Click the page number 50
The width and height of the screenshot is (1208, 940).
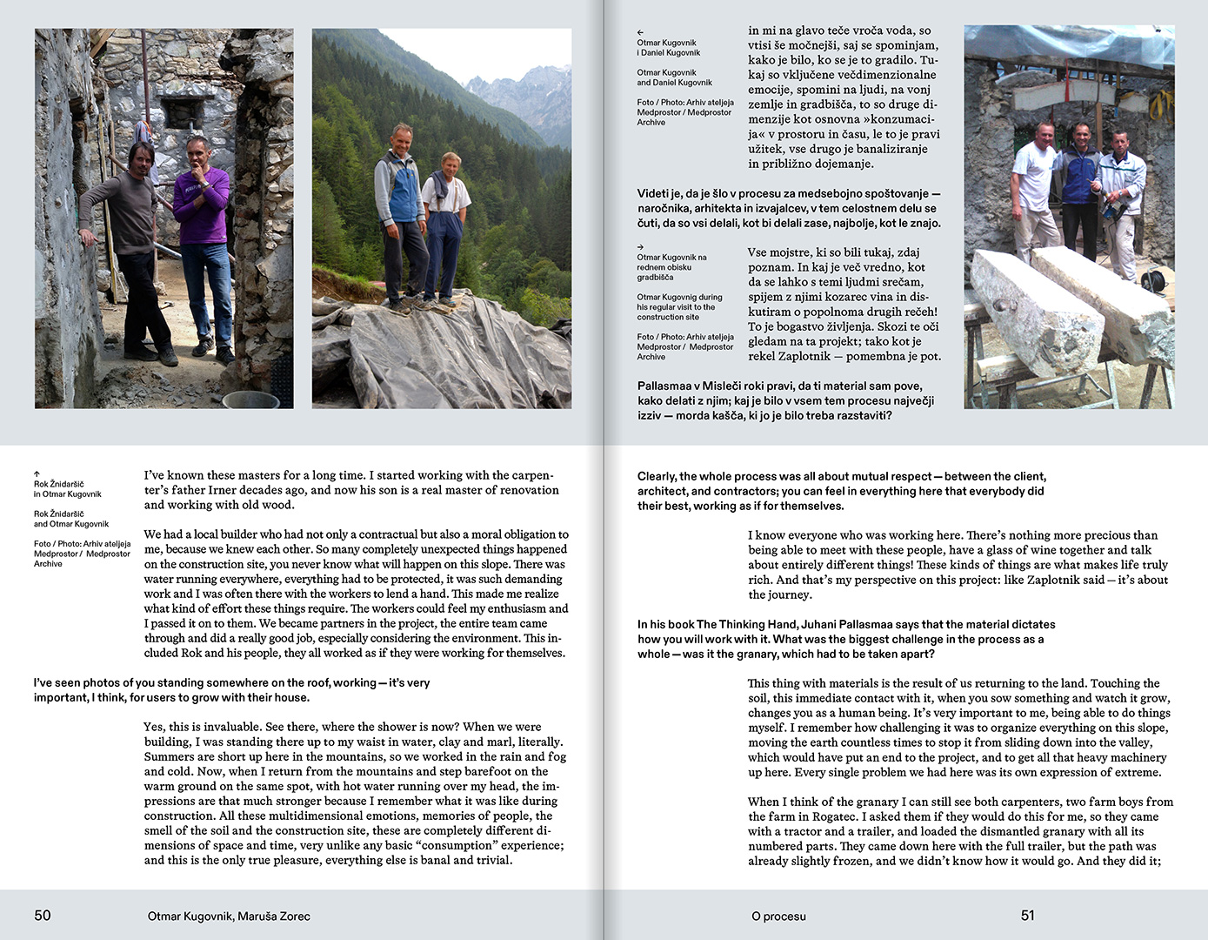(x=43, y=915)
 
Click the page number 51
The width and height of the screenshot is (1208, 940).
(x=1028, y=915)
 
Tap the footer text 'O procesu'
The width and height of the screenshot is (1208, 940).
(x=778, y=916)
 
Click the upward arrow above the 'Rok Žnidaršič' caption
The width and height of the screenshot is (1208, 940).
(x=37, y=474)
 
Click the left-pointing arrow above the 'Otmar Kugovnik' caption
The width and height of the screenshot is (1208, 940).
(x=640, y=32)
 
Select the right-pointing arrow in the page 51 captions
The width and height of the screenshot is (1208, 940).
(x=640, y=247)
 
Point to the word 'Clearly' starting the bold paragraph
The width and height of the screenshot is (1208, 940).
(x=656, y=476)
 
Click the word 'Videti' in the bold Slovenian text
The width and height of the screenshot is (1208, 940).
(x=652, y=193)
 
